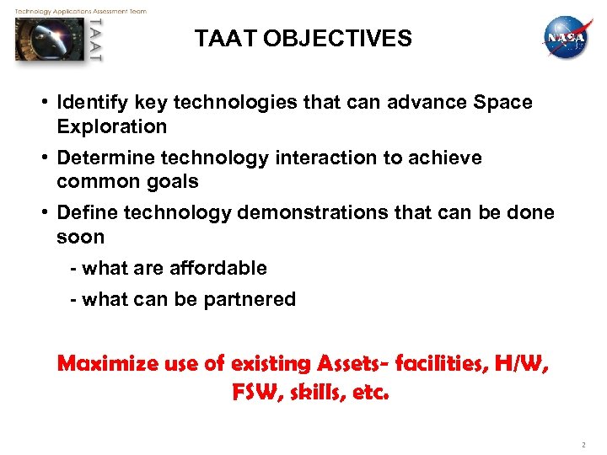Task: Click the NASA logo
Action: point(566,38)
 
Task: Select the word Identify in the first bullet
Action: point(89,103)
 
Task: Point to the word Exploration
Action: point(112,127)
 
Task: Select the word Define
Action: point(83,212)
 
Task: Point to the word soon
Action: point(81,237)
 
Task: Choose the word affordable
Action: point(218,269)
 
